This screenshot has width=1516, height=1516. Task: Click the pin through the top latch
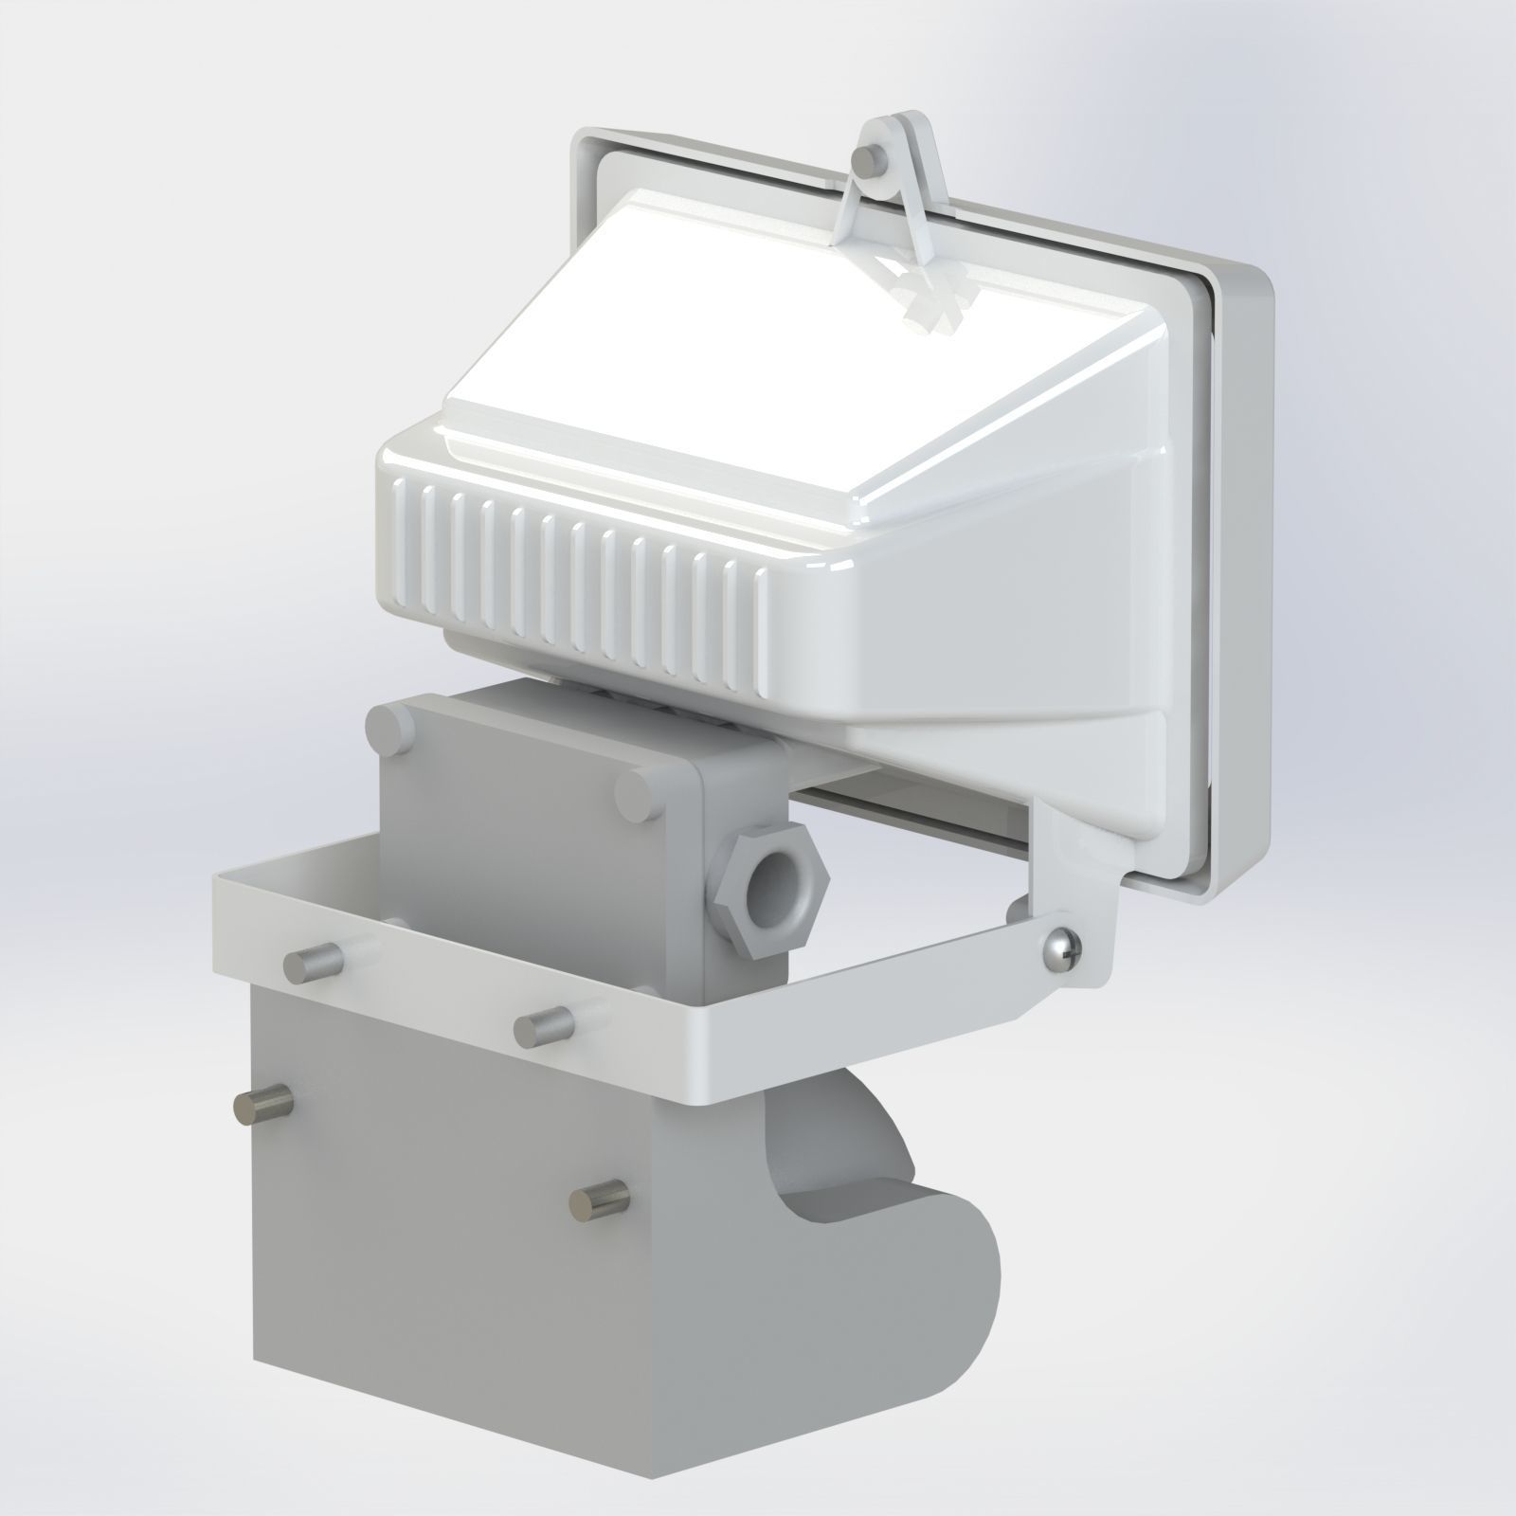[x=865, y=162]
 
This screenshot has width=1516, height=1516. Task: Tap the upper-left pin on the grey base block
[x=262, y=1105]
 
